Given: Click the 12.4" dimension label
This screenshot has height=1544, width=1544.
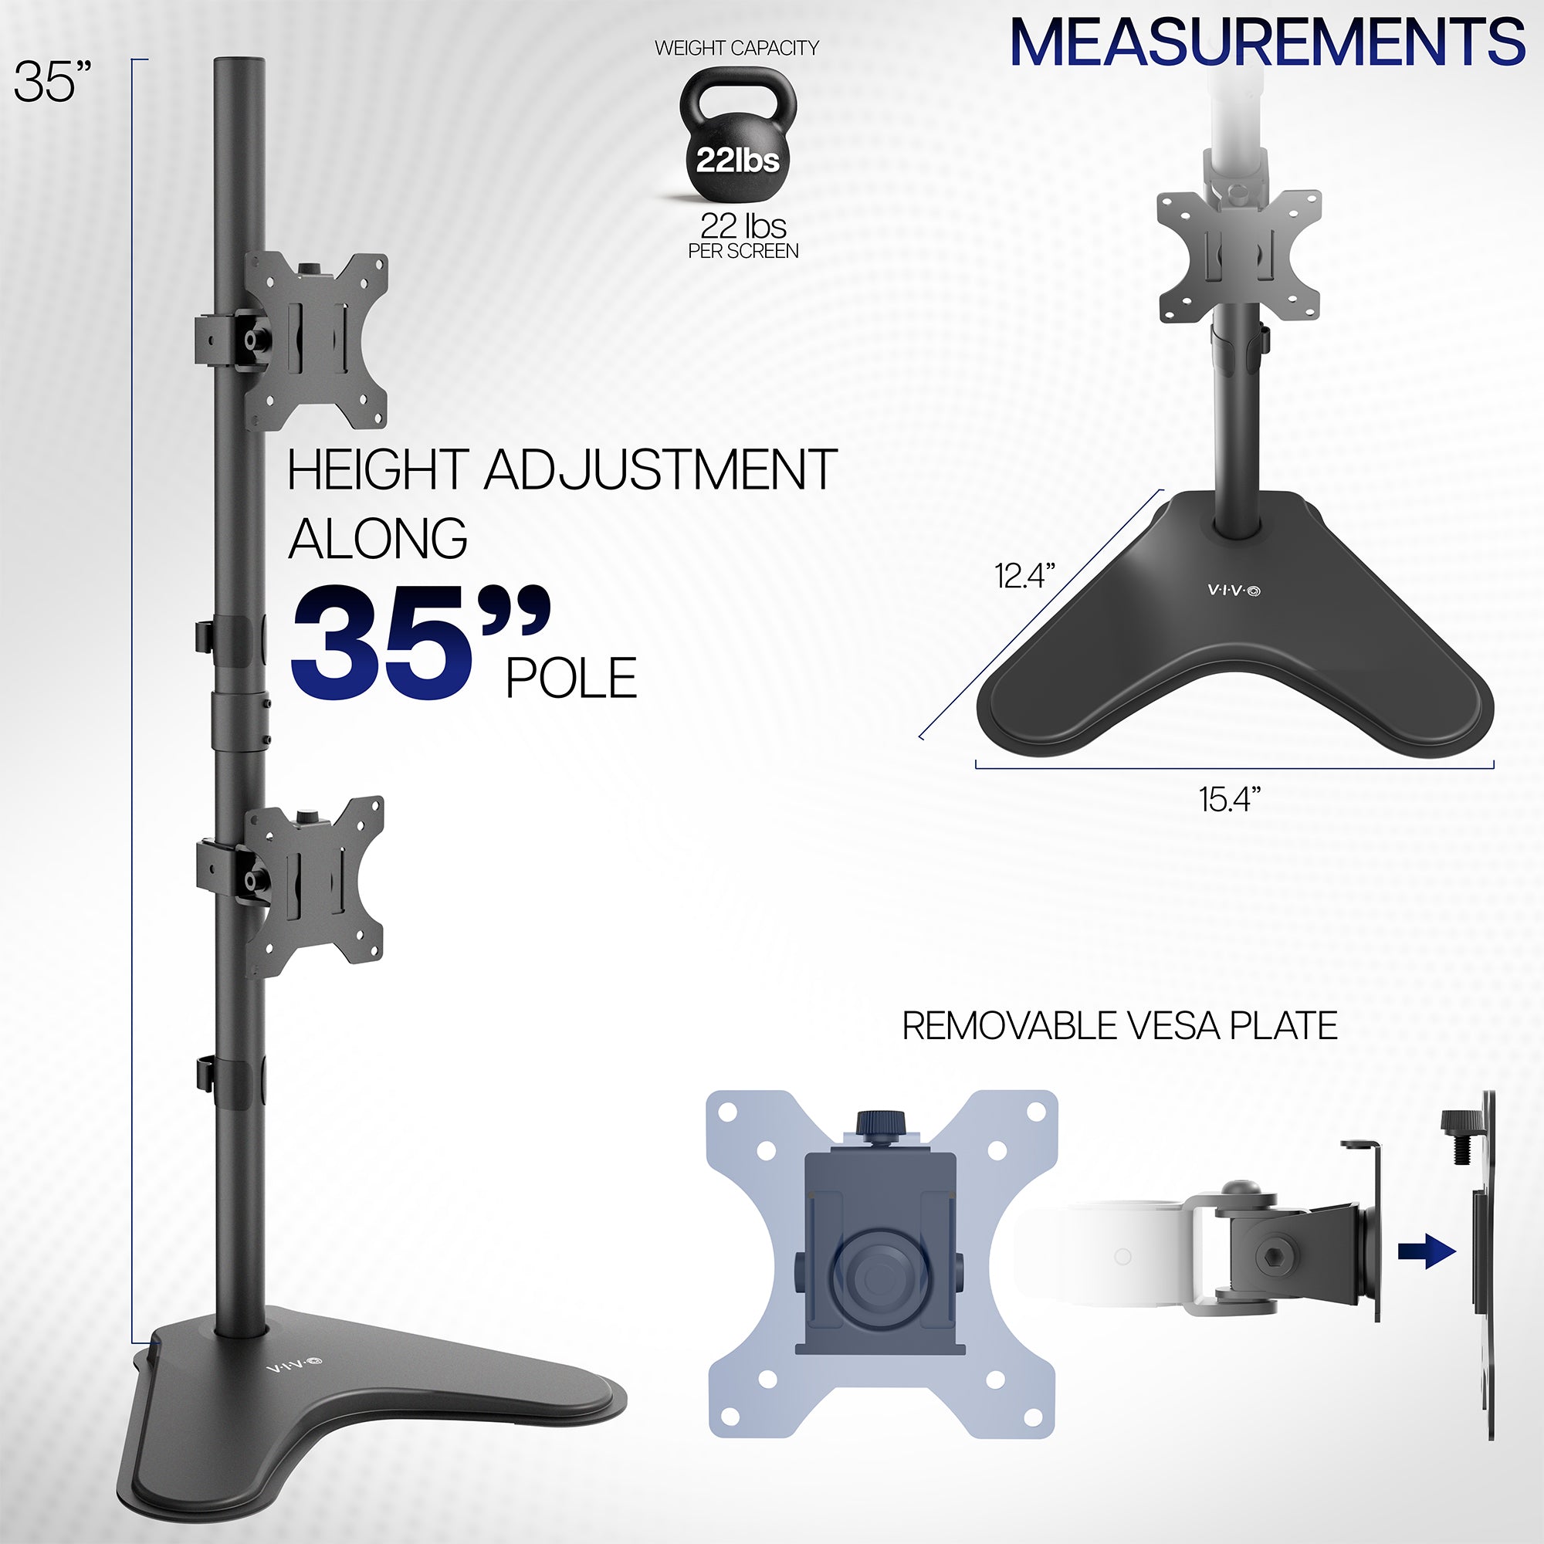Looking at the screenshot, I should coord(1024,576).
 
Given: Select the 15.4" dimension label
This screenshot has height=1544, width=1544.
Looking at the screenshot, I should coord(1230,799).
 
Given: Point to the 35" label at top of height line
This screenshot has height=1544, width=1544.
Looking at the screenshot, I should coord(52,82).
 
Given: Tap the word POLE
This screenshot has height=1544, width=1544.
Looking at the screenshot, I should coord(571,679).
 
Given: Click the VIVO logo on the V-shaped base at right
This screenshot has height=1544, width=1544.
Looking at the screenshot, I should coord(1234,591).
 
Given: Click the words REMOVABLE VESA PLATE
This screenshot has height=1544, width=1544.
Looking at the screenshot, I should coord(1119,1026).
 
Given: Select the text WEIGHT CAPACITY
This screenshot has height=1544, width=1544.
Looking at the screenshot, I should coord(736,48).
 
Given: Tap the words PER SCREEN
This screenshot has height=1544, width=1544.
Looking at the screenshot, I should coord(743,251).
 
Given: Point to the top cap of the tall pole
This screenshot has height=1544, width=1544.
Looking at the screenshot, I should coord(240,63).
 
